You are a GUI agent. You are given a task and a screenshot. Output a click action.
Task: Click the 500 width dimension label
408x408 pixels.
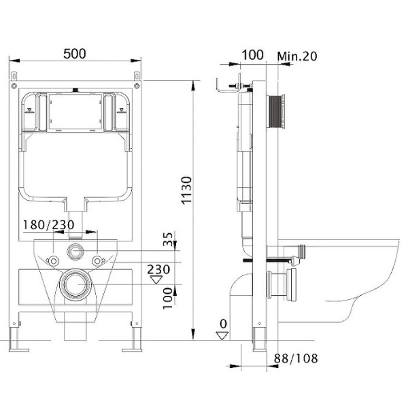pos(74,54)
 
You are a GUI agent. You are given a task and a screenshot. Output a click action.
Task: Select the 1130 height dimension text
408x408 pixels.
pos(186,190)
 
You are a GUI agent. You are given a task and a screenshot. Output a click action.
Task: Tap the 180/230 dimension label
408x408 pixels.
pos(49,225)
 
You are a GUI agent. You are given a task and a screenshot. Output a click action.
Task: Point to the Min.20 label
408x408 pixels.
pos(297,56)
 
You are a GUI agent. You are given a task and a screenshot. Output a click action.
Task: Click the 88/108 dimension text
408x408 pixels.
pos(296,358)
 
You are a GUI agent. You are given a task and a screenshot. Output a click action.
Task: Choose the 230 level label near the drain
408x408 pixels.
pos(158,269)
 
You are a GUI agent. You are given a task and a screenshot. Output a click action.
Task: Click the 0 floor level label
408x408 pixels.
pos(223,324)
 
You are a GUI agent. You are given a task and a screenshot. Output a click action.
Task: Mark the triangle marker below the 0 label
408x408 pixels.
pos(222,336)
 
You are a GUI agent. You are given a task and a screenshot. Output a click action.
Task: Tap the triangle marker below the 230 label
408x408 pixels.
pos(156,280)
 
